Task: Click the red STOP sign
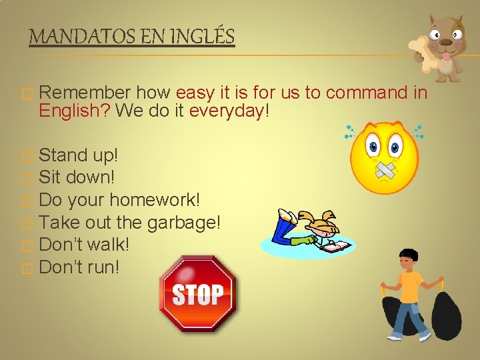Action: (x=198, y=293)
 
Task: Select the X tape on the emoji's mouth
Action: (x=385, y=171)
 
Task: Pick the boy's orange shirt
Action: (x=409, y=285)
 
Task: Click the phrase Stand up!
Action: (x=79, y=155)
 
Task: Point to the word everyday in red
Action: (x=227, y=111)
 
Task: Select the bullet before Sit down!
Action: (x=27, y=179)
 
